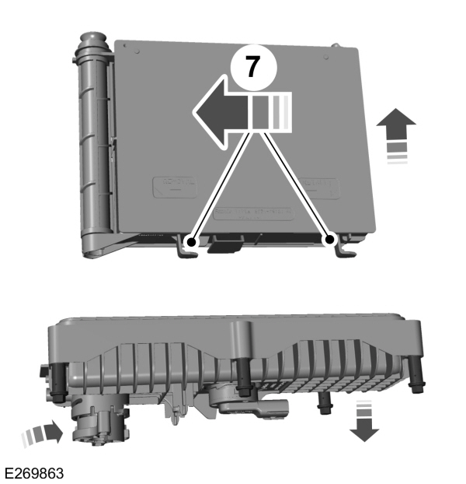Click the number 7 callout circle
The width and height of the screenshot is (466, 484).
253,67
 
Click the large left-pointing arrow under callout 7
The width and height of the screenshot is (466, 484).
242,112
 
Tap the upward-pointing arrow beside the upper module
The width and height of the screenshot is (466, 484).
396,136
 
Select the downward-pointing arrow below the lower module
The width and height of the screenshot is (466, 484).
364,421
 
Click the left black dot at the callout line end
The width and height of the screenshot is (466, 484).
191,242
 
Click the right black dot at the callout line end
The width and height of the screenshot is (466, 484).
329,239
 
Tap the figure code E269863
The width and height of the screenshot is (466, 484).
34,474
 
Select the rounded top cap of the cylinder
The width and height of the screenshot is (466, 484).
94,40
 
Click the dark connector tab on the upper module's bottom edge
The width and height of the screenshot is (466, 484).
224,244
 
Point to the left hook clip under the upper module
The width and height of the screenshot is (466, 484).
186,247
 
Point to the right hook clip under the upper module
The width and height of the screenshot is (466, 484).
344,247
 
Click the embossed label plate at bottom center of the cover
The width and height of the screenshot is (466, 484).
253,213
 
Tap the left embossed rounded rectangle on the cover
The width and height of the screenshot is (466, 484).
175,187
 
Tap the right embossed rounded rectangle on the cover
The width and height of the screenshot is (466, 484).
319,188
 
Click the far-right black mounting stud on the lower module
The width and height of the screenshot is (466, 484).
417,374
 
